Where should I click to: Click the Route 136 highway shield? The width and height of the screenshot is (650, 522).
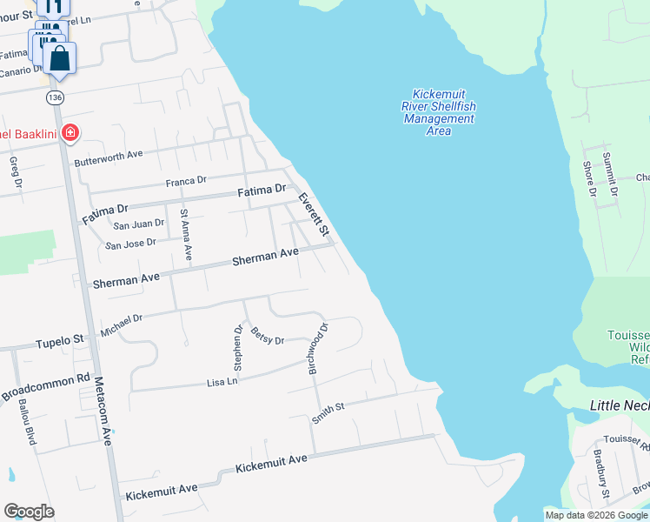click(x=56, y=96)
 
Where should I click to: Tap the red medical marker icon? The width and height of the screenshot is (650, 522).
click(x=70, y=133)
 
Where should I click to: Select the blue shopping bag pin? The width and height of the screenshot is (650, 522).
click(x=60, y=58)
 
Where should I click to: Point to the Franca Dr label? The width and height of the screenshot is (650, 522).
click(x=186, y=181)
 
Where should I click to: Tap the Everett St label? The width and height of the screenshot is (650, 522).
click(x=314, y=214)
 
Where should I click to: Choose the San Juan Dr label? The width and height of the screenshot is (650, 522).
click(x=139, y=224)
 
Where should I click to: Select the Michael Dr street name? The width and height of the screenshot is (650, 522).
click(x=121, y=325)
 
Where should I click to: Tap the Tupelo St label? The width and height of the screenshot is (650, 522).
click(x=59, y=340)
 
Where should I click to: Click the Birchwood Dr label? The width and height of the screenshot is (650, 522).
click(x=318, y=349)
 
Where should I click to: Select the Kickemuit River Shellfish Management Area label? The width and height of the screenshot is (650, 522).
click(x=439, y=112)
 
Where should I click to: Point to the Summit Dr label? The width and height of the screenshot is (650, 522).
click(x=610, y=172)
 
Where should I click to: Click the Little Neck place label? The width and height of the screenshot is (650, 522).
click(x=619, y=405)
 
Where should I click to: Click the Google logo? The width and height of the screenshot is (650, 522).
click(x=29, y=512)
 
